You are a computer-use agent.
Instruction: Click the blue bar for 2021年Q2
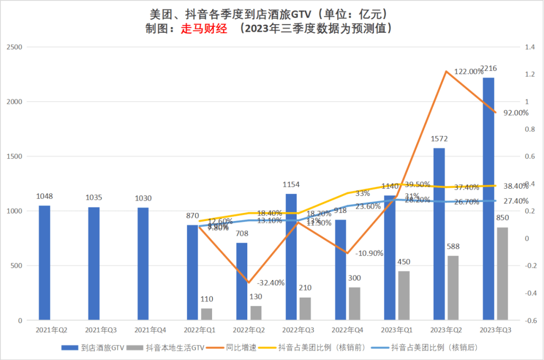[x=44, y=263]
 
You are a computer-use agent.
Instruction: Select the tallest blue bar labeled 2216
[x=488, y=199]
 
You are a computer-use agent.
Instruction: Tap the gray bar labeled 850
[x=502, y=273]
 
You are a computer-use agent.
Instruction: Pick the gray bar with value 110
[x=207, y=314]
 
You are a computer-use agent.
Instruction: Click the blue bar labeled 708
[x=242, y=281]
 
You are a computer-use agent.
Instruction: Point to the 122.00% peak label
[x=469, y=72]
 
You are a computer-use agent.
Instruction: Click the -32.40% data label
[x=270, y=282]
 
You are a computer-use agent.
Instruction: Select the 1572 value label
[x=439, y=139]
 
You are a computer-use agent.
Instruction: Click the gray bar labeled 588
[x=453, y=288]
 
